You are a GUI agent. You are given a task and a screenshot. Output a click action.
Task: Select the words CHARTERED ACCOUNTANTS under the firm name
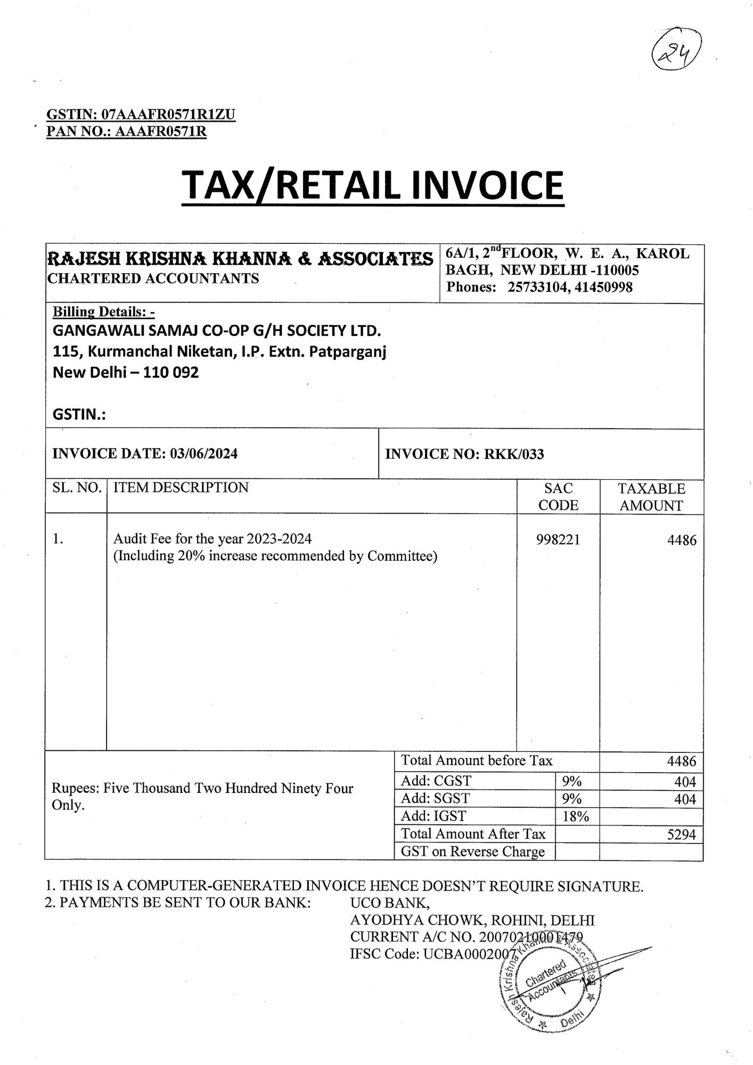click(153, 278)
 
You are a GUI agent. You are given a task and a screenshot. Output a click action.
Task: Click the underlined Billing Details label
click(103, 312)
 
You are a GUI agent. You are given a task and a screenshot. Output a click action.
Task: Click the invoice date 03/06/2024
click(204, 453)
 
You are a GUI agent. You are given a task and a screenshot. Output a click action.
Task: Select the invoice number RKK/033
click(514, 454)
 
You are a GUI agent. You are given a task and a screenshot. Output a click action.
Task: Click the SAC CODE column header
click(558, 496)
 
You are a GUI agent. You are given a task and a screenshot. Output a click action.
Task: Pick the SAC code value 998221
click(558, 540)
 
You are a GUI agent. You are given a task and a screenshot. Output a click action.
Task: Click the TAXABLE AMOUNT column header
click(651, 497)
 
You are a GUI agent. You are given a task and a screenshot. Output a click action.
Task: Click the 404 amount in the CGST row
click(685, 782)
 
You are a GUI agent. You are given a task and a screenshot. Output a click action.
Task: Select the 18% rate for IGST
click(576, 816)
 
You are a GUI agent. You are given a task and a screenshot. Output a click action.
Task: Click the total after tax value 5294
click(681, 834)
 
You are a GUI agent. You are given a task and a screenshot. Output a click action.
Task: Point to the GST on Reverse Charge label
click(473, 851)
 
